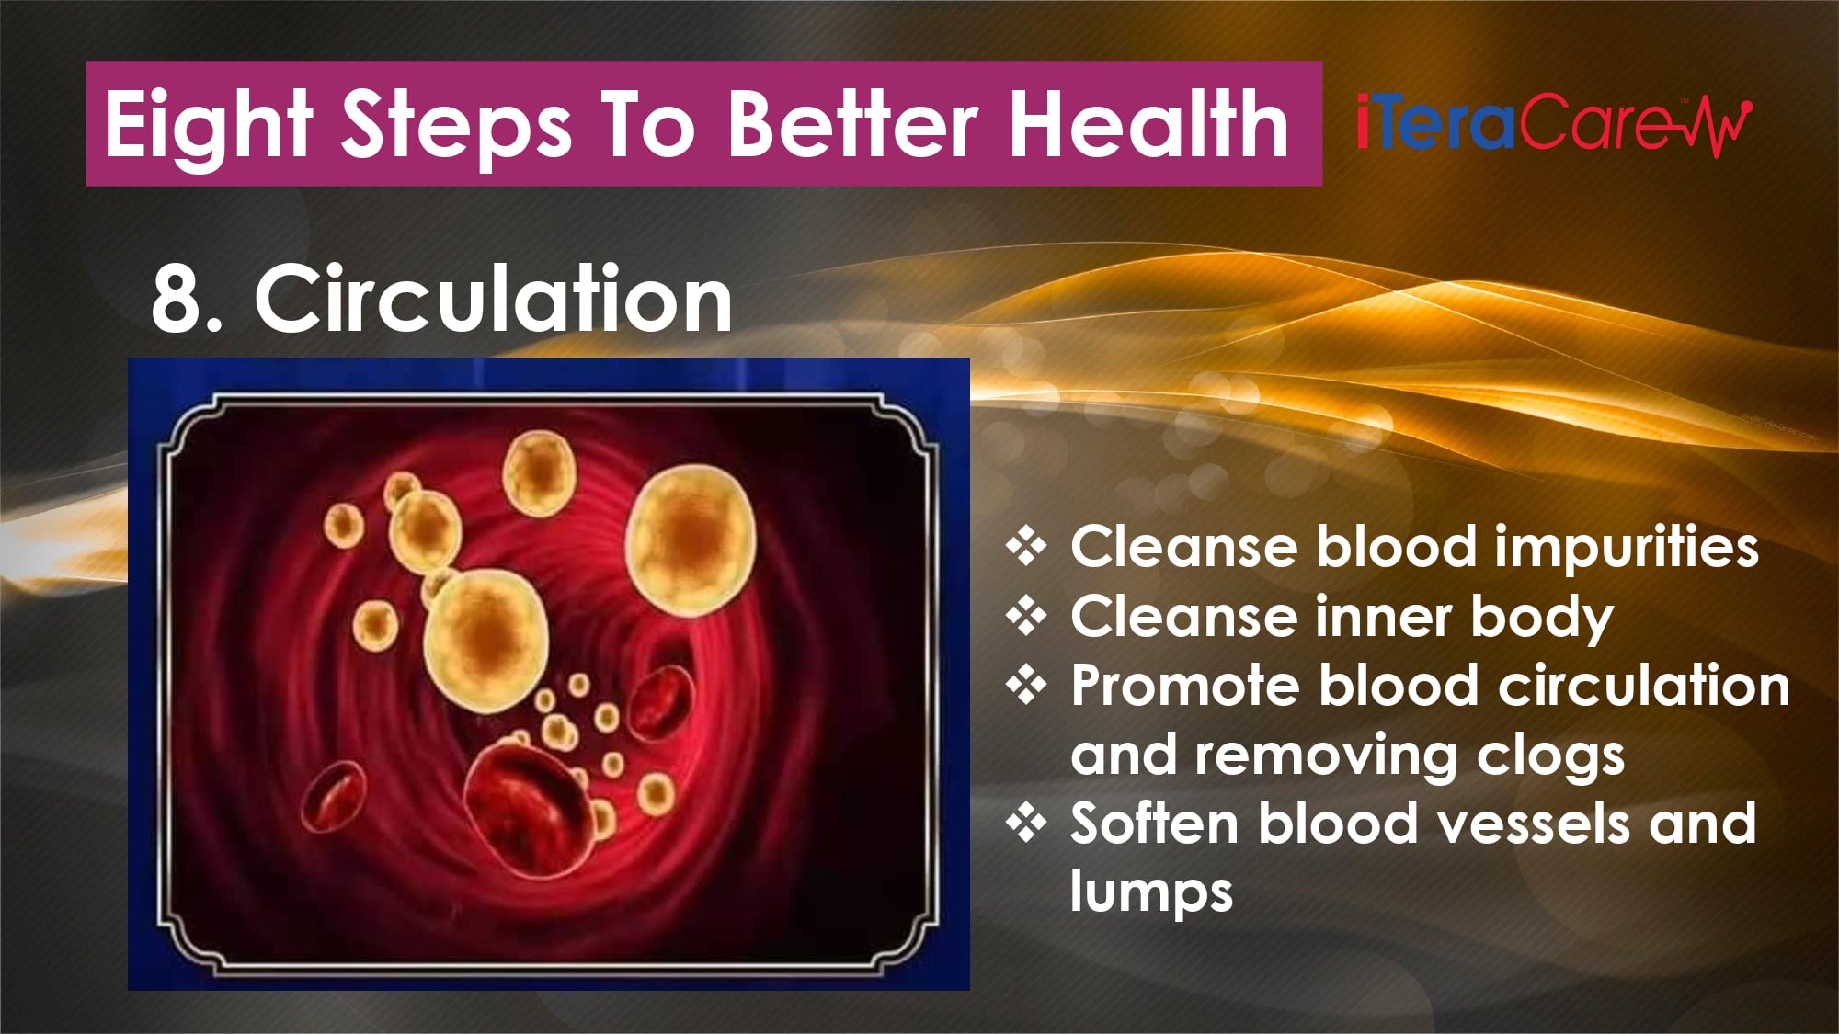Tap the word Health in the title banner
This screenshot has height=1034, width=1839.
[1149, 123]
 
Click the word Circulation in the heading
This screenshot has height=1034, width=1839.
[494, 298]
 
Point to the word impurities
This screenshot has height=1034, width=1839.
[1626, 549]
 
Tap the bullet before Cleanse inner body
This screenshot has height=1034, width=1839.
[1026, 616]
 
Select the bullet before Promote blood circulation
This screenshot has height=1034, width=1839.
[1026, 686]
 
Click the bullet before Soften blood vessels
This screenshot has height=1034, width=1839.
[1026, 823]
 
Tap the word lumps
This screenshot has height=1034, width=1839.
[1151, 892]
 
